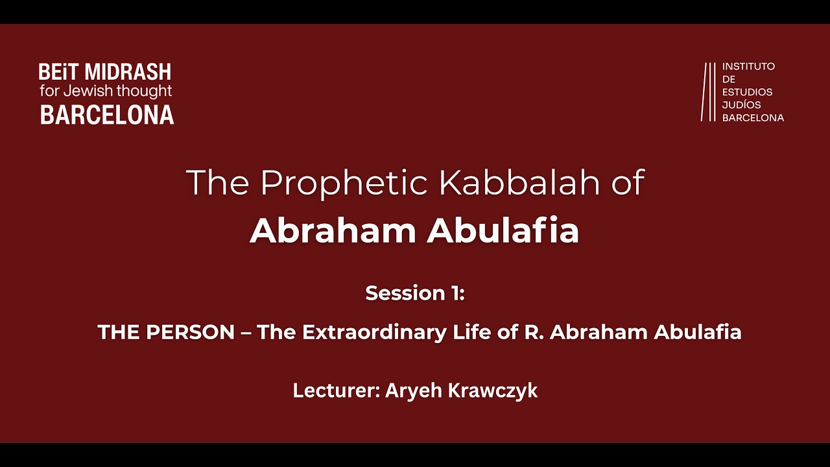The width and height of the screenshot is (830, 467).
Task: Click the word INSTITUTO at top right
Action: (x=748, y=66)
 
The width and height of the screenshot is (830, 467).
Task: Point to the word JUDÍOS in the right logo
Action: (x=742, y=104)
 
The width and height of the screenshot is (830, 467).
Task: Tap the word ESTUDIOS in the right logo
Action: (x=747, y=91)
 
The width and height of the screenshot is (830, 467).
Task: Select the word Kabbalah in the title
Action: (x=520, y=184)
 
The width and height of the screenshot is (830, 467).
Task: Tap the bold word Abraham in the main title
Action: (x=331, y=231)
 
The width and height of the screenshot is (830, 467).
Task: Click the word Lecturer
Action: (x=335, y=390)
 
